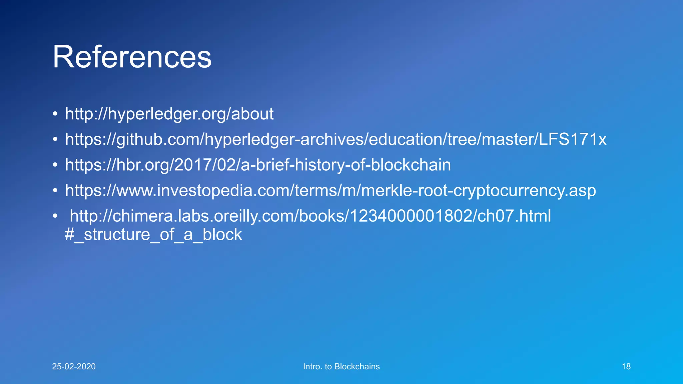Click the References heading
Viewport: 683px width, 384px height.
[132, 57]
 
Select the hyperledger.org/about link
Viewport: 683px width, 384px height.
[169, 114]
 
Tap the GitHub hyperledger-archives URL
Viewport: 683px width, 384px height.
[335, 139]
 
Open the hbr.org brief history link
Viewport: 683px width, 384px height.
[258, 165]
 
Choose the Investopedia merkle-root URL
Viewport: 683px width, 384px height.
[330, 191]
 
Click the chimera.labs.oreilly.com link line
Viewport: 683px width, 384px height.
[310, 216]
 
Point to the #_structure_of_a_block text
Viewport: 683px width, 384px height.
[153, 235]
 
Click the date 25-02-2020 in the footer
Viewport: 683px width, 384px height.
[74, 367]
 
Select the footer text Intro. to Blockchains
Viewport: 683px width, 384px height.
[341, 367]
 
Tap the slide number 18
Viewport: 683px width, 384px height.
[626, 367]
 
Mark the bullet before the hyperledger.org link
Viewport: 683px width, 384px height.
[55, 114]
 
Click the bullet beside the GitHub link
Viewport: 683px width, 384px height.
[55, 139]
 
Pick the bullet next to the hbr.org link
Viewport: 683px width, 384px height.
[55, 165]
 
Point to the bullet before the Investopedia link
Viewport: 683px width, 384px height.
[55, 191]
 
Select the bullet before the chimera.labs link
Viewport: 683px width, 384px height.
[55, 216]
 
